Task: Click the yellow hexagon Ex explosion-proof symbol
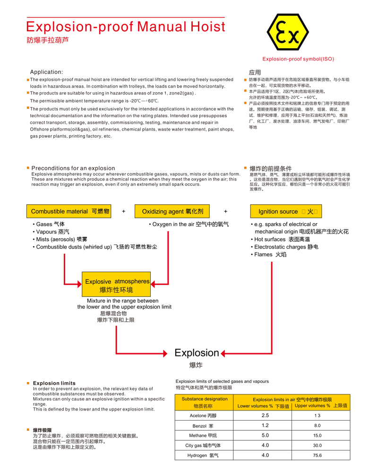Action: [x=288, y=33]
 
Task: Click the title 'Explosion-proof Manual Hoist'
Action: [x=126, y=26]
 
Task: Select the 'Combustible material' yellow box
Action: [x=70, y=211]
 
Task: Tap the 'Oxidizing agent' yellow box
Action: [x=172, y=211]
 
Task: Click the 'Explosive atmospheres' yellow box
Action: [x=117, y=286]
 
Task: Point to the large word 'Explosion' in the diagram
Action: [x=197, y=353]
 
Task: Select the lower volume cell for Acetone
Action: [x=265, y=416]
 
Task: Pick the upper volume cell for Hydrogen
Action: [x=317, y=455]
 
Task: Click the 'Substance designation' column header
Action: [x=204, y=402]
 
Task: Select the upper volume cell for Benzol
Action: [x=317, y=426]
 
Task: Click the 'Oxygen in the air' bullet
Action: [x=189, y=224]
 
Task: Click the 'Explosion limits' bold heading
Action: [x=54, y=383]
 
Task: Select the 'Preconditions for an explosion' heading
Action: [x=73, y=168]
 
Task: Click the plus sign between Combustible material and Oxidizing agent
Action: [x=123, y=211]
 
